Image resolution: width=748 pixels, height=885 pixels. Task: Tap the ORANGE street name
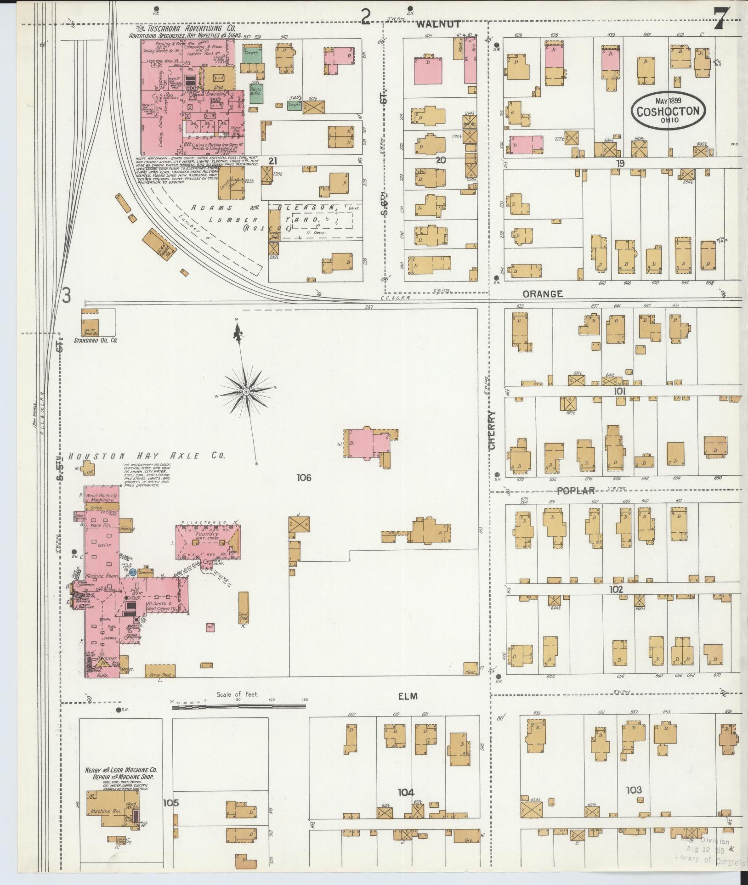click(542, 294)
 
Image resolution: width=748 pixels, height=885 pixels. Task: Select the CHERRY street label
click(493, 430)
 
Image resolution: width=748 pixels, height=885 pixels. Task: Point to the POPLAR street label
click(576, 490)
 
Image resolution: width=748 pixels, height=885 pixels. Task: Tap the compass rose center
click(246, 391)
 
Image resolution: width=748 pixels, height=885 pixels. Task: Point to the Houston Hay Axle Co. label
click(147, 456)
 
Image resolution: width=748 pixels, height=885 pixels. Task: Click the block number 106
click(304, 478)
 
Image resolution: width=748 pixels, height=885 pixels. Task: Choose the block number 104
click(406, 792)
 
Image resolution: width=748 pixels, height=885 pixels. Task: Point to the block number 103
click(634, 790)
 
